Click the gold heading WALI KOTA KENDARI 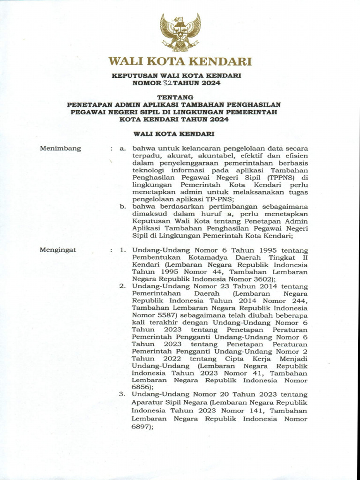[180, 61]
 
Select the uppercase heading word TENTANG [180, 97]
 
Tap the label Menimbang [60, 149]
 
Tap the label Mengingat [59, 250]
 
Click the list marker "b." [123, 205]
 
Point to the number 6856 [142, 388]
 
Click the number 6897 [142, 427]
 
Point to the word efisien [296, 156]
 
